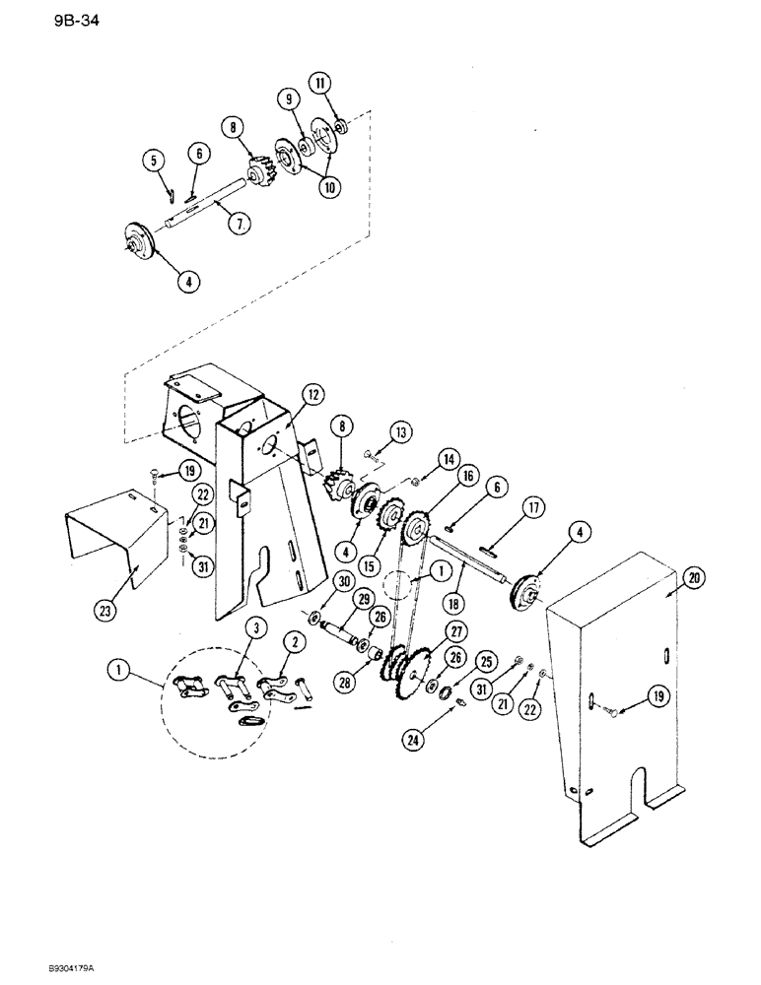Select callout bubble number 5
153,160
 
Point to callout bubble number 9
289,98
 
